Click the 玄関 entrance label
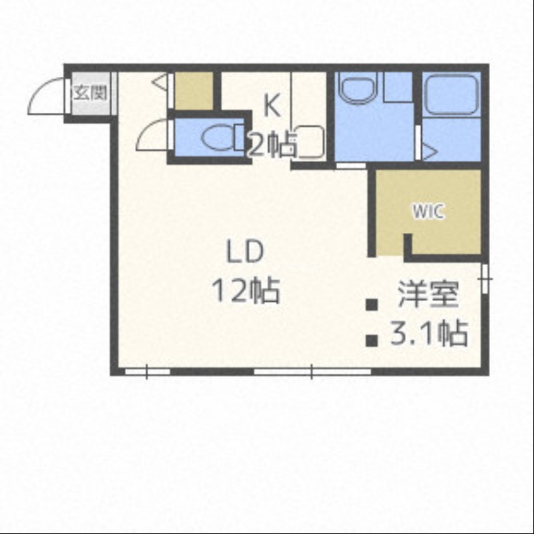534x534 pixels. [91, 93]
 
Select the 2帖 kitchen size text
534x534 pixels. [272, 146]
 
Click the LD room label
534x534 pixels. [246, 252]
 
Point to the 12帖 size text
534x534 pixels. [246, 290]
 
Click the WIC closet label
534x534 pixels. [429, 212]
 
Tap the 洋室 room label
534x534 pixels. [428, 294]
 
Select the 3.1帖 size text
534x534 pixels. [429, 333]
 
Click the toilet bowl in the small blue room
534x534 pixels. [219, 138]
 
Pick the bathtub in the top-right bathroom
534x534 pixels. [452, 95]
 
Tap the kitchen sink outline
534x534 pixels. [309, 142]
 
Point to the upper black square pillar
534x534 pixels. [372, 304]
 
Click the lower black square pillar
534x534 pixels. [372, 340]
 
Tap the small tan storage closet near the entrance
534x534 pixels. [194, 91]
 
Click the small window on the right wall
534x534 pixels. [485, 278]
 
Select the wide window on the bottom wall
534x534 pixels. [312, 372]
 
